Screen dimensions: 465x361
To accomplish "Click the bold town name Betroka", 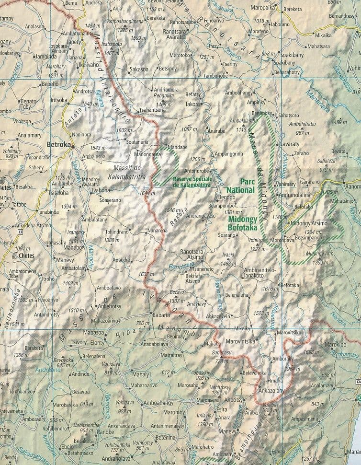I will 59,143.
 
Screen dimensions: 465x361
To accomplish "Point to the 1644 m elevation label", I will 148,193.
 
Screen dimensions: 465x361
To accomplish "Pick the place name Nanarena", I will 158,231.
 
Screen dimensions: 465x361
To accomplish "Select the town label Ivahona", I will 101,189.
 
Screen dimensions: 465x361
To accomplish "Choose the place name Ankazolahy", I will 271,390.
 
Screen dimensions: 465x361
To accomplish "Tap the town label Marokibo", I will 328,344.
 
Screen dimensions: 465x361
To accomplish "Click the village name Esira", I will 222,409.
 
